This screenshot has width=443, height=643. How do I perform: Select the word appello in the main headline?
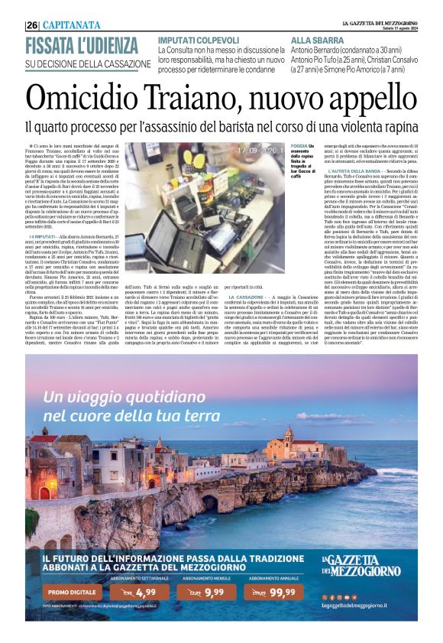point(366,96)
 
